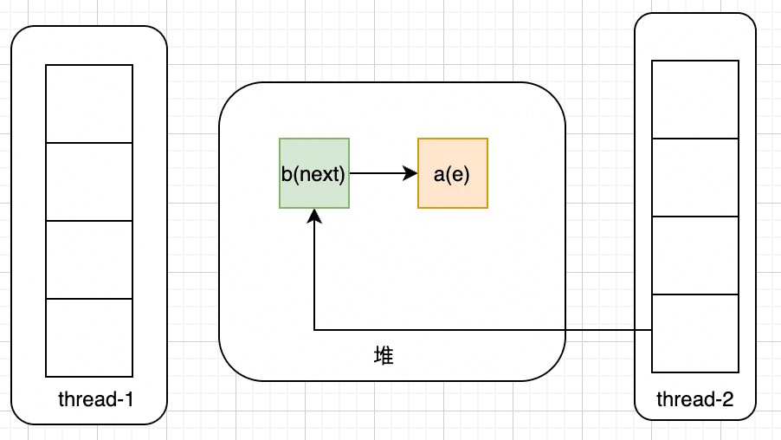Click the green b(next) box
click(314, 173)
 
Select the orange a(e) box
click(453, 173)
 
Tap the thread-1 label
click(95, 399)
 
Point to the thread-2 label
click(694, 399)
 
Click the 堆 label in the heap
click(384, 356)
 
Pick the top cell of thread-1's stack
click(89, 104)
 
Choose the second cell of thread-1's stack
click(89, 182)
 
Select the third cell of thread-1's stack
click(89, 260)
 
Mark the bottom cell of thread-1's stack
click(89, 338)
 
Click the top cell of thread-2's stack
click(695, 100)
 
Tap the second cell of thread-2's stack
click(695, 178)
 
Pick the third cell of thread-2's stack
click(695, 256)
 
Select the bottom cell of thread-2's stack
click(695, 333)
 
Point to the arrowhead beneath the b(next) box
click(314, 216)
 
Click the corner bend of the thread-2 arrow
click(314, 330)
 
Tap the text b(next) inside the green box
click(313, 174)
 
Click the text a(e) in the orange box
click(452, 174)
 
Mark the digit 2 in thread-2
click(727, 399)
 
